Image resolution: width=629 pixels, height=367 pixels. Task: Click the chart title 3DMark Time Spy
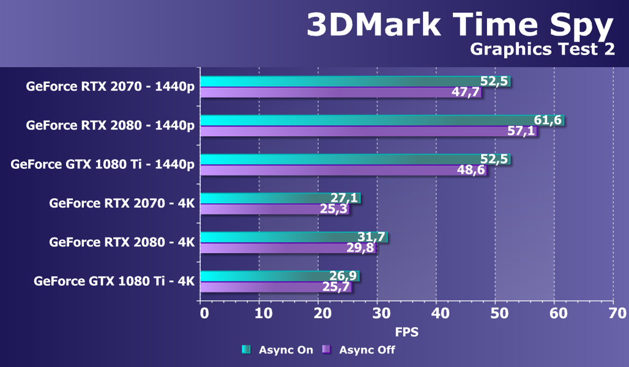(460, 26)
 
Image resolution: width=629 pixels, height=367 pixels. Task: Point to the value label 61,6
(548, 120)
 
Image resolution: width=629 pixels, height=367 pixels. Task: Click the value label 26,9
(343, 275)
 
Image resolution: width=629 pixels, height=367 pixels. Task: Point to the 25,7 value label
(337, 287)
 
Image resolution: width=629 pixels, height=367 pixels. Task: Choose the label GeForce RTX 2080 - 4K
(122, 242)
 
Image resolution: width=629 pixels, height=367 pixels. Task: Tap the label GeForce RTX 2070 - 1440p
(110, 86)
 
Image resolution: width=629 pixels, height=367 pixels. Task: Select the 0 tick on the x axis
(204, 314)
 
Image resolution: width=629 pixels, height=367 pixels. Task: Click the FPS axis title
(406, 333)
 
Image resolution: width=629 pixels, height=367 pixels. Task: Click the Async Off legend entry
(359, 350)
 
